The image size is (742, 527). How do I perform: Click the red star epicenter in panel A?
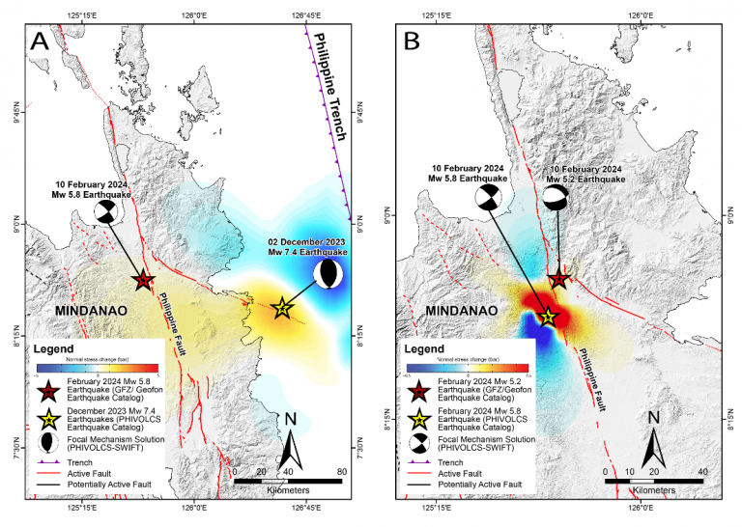click(143, 281)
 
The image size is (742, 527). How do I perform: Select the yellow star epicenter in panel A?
click(281, 309)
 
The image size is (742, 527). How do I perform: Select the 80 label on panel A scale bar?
click(340, 471)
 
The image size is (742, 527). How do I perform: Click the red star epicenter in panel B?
click(559, 279)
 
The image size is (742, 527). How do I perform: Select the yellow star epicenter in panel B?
click(547, 316)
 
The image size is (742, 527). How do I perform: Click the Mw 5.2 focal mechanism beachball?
click(556, 198)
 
